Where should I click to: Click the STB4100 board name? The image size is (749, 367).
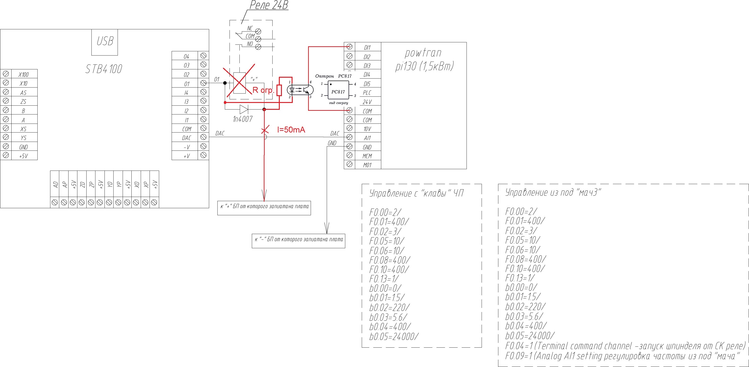click(x=104, y=69)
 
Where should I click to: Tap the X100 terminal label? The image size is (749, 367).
click(x=24, y=74)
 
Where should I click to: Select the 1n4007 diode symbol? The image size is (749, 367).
click(x=244, y=109)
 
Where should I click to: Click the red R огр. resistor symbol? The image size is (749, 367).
click(x=279, y=90)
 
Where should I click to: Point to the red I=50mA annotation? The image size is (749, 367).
click(x=291, y=130)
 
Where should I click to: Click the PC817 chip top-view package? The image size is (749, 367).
click(x=338, y=90)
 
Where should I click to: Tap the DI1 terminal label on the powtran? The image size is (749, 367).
click(x=367, y=47)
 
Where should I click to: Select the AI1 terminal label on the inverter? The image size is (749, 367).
click(x=367, y=138)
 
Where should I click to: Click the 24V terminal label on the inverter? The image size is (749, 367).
click(x=367, y=102)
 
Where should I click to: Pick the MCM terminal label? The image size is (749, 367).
click(x=367, y=156)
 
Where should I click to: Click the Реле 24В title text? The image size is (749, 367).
click(x=269, y=5)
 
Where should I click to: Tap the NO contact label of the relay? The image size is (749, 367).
click(x=250, y=44)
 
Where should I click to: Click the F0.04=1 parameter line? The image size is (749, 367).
click(x=625, y=346)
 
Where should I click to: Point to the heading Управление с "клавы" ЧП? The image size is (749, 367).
click(x=416, y=193)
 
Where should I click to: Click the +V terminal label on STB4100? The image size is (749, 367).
click(x=186, y=156)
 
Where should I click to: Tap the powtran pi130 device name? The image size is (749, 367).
click(x=424, y=60)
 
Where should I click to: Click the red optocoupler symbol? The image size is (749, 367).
click(x=300, y=90)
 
